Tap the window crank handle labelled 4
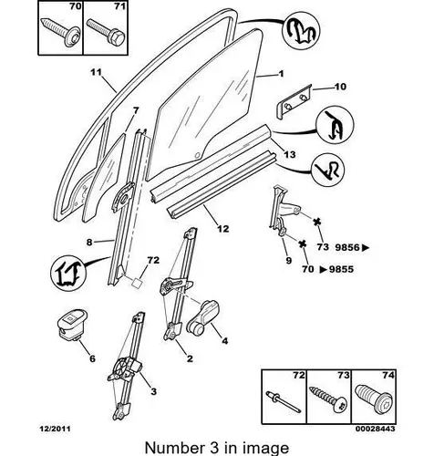coord(203,317)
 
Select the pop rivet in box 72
coord(284,401)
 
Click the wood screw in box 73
coord(329,399)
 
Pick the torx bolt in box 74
coord(375,399)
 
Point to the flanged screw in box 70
coord(60,31)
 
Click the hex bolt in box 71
coord(106,32)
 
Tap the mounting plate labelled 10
coord(294,101)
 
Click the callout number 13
coord(289,154)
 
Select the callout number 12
coord(223,229)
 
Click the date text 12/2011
coord(55,429)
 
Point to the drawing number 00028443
coord(376,429)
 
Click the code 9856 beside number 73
coord(347,247)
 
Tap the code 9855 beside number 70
coord(342,269)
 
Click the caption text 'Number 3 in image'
coord(217,448)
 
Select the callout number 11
coord(96,72)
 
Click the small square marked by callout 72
coord(137,282)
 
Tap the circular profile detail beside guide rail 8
coord(68,274)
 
